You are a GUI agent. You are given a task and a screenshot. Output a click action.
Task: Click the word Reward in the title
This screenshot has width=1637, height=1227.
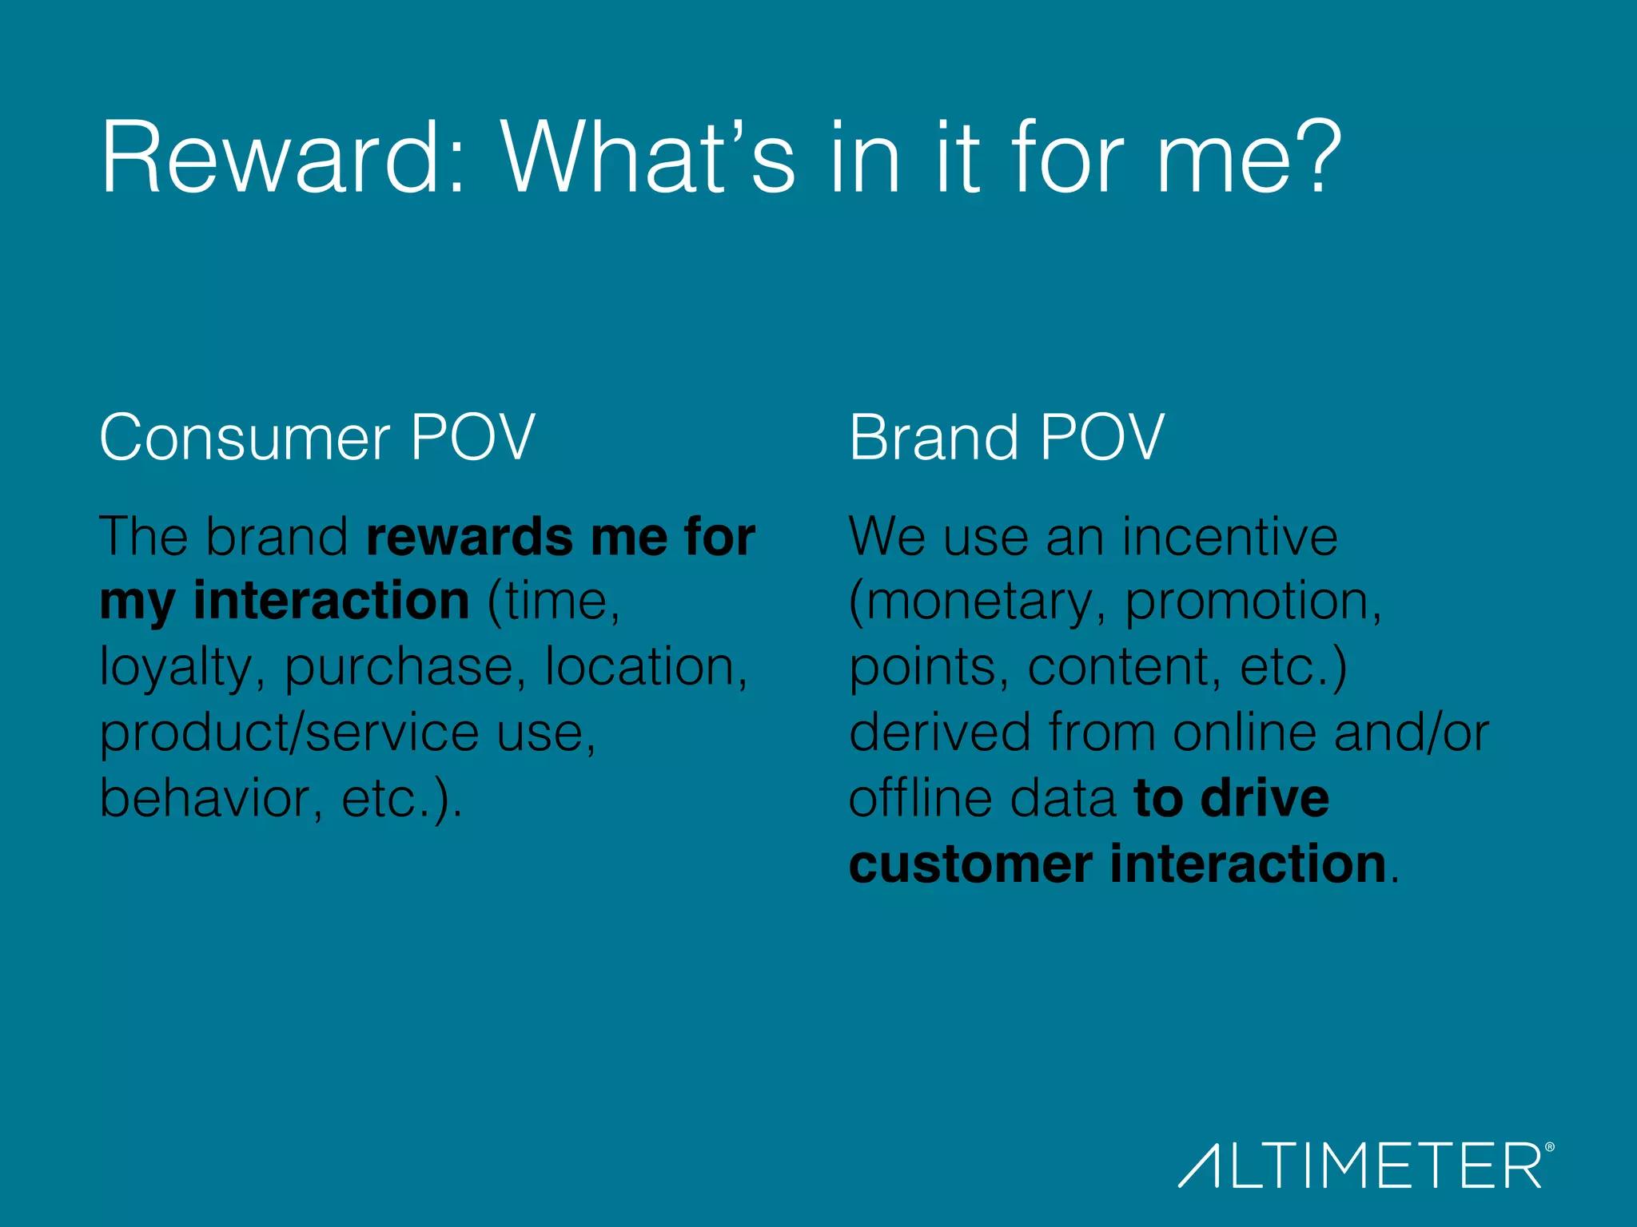point(272,157)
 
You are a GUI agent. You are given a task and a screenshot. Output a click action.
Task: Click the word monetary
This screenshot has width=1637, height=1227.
point(978,603)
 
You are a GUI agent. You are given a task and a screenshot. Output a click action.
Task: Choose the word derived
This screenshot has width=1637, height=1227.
point(940,733)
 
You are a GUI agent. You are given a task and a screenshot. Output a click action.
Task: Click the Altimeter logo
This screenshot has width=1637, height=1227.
point(1360,1165)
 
